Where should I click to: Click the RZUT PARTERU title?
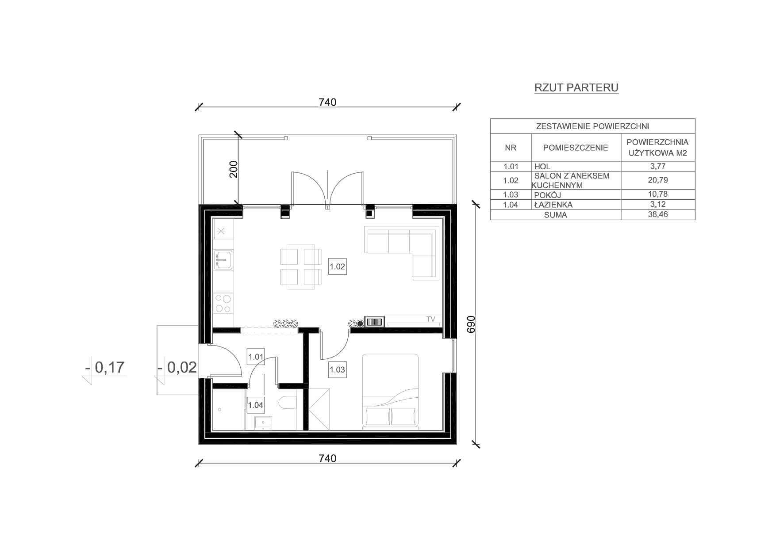pyautogui.click(x=576, y=88)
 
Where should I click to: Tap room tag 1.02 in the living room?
pyautogui.click(x=337, y=266)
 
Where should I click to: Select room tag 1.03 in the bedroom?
pyautogui.click(x=337, y=369)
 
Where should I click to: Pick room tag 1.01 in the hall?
pyautogui.click(x=256, y=357)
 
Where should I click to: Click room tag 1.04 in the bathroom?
pyautogui.click(x=256, y=405)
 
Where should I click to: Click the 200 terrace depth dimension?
pyautogui.click(x=234, y=169)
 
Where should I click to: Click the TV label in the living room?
pyautogui.click(x=430, y=319)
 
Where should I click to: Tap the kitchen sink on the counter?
pyautogui.click(x=223, y=260)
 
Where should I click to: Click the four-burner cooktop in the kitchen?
pyautogui.click(x=223, y=303)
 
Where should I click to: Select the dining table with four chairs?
pyautogui.click(x=301, y=266)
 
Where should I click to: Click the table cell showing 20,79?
pyautogui.click(x=657, y=180)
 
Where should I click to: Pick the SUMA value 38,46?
pyautogui.click(x=657, y=214)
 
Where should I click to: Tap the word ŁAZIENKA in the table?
pyautogui.click(x=553, y=205)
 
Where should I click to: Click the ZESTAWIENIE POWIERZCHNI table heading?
pyautogui.click(x=592, y=126)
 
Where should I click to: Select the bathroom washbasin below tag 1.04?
pyautogui.click(x=263, y=422)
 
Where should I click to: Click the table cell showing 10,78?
pyautogui.click(x=657, y=194)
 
